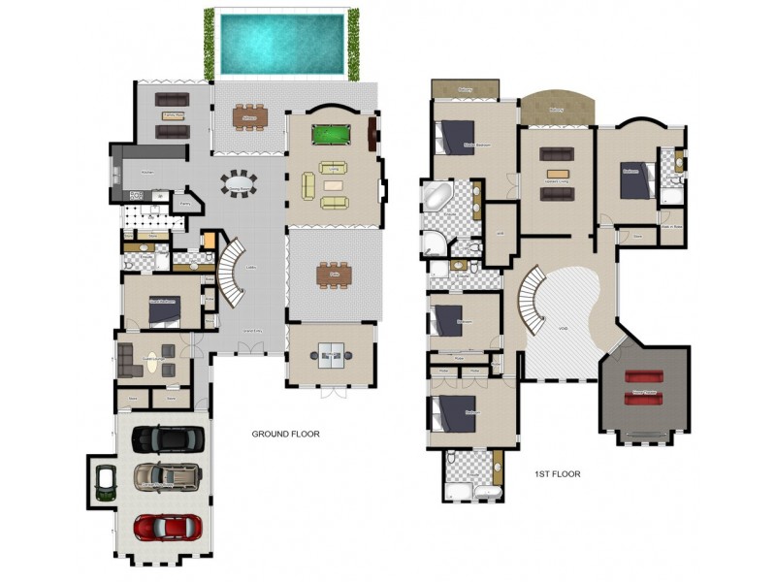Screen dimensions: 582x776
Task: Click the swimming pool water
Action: pyautogui.click(x=281, y=44)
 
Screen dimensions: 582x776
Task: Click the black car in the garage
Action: pyautogui.click(x=168, y=439)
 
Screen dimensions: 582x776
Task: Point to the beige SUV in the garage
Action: pyautogui.click(x=167, y=476)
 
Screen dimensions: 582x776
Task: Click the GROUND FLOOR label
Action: pyautogui.click(x=285, y=434)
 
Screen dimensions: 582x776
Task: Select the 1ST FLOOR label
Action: pyautogui.click(x=557, y=474)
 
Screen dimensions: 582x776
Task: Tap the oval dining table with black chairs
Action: pyautogui.click(x=238, y=182)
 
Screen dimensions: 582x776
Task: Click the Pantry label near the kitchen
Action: pyautogui.click(x=185, y=205)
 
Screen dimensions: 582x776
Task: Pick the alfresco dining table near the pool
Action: pyautogui.click(x=249, y=116)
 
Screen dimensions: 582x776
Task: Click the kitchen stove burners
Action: pyautogui.click(x=135, y=195)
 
